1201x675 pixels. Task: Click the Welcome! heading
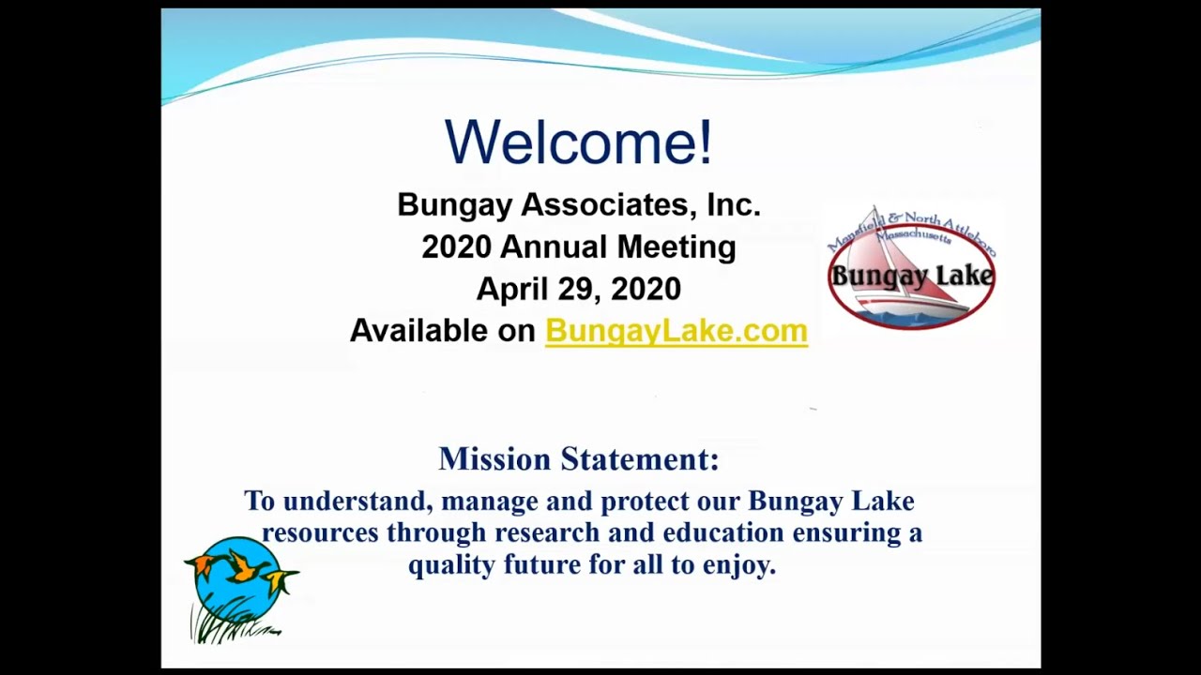pos(578,142)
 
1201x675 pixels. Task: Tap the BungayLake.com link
pos(676,331)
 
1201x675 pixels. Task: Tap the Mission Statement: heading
pos(578,459)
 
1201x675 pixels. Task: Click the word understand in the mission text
pos(357,502)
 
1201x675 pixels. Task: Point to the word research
pos(547,532)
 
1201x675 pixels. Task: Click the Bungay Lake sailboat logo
pos(910,270)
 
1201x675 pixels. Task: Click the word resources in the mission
pos(320,532)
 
